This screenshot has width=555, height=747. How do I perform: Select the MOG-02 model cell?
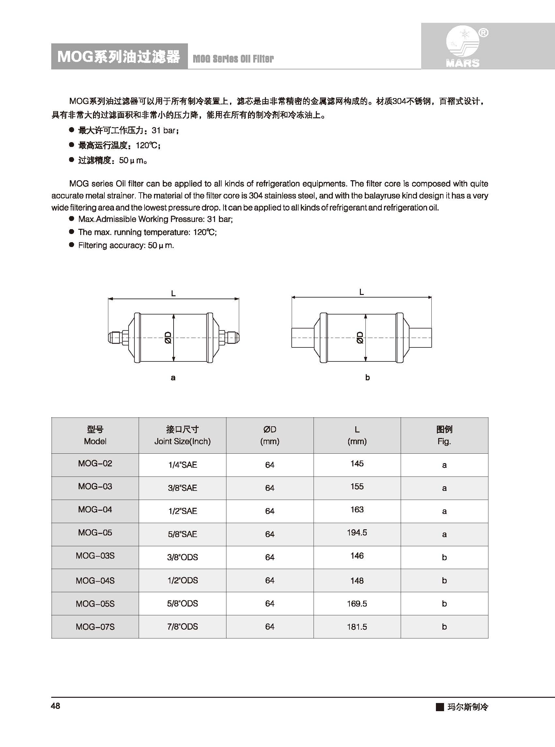95,464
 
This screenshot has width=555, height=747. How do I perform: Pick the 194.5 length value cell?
357,533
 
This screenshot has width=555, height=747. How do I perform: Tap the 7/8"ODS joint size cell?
182,626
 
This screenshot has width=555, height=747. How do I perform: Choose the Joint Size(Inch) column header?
182,435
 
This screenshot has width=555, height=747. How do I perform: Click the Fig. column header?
444,435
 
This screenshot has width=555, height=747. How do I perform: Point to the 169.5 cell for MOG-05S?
357,604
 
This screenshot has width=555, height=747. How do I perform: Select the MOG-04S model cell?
95,580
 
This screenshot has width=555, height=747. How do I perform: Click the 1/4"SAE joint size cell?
182,465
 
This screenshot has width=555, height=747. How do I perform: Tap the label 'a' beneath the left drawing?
173,378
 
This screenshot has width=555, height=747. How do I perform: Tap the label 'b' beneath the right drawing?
367,378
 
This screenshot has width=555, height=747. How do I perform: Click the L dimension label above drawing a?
173,294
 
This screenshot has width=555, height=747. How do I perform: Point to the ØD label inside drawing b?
360,337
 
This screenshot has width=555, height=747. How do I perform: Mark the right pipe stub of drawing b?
421,337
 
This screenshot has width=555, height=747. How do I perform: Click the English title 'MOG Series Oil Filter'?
233,59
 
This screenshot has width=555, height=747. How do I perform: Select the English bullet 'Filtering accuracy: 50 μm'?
126,245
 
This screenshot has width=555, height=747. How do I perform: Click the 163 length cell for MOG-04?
357,509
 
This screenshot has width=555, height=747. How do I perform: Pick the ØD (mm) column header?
270,435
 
